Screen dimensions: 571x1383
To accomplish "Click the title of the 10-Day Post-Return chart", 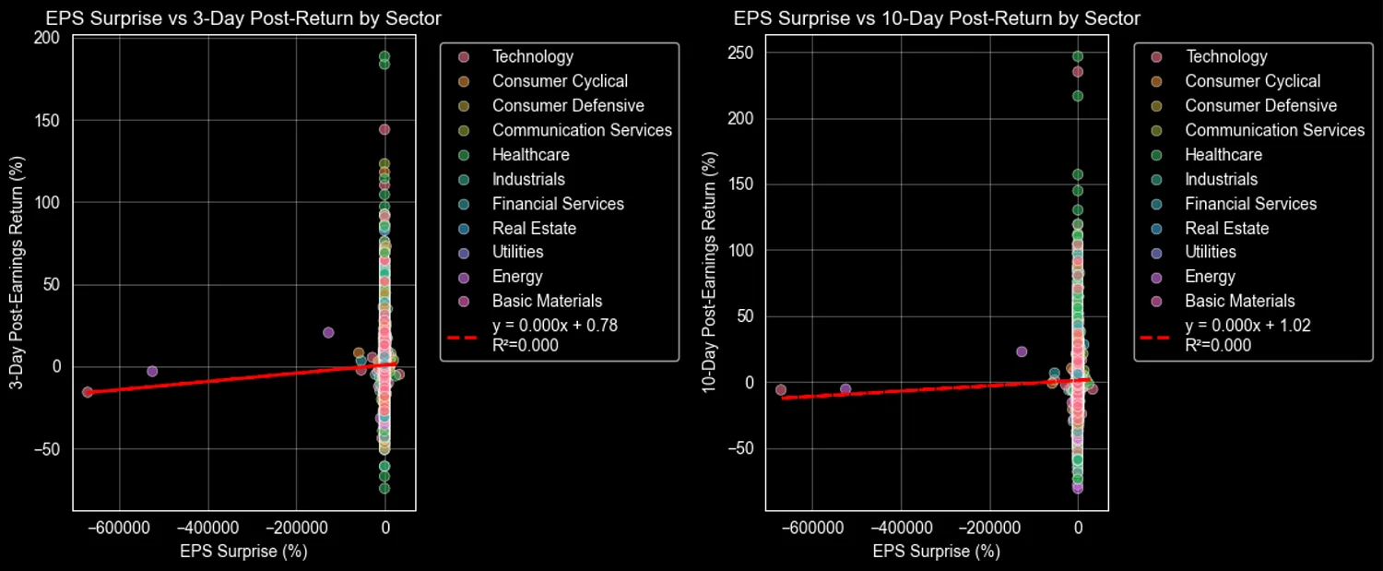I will [937, 18].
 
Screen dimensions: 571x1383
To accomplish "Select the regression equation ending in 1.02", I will [1247, 326].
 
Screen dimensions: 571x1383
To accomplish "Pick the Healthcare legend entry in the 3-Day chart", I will [530, 155].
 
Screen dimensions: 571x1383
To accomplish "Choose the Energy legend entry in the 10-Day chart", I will [1210, 277].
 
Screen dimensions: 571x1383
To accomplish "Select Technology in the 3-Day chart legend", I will [532, 57].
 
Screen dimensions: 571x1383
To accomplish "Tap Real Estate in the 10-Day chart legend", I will [1226, 228].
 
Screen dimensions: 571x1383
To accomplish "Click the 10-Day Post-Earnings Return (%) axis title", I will [710, 275].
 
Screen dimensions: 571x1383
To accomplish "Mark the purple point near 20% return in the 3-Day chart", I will [328, 332].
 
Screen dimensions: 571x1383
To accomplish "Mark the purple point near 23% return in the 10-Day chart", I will [1022, 351].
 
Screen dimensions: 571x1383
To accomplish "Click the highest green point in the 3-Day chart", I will [384, 56].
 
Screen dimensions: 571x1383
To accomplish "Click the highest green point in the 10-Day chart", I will [1077, 56].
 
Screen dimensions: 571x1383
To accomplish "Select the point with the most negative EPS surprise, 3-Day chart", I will [88, 392].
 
